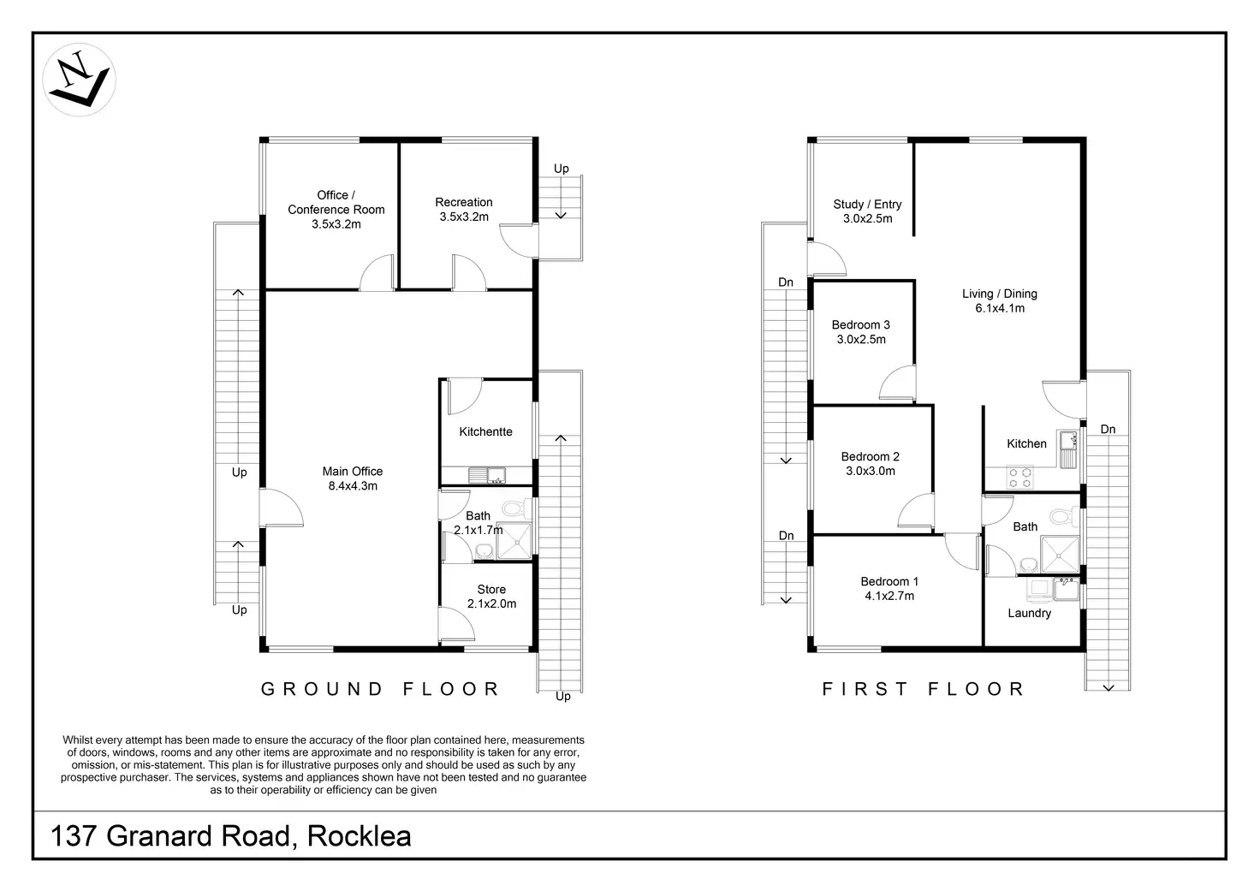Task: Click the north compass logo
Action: pyautogui.click(x=79, y=80)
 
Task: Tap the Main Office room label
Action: pyautogui.click(x=352, y=478)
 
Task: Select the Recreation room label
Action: pyautogui.click(x=463, y=210)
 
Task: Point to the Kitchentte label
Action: pyautogui.click(x=485, y=432)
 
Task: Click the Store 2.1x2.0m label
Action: pyautogui.click(x=491, y=597)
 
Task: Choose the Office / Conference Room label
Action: pyautogui.click(x=336, y=210)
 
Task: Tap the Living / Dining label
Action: pyautogui.click(x=999, y=301)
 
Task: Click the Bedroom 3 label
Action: pyautogui.click(x=860, y=332)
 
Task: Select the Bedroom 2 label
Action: pyautogui.click(x=870, y=464)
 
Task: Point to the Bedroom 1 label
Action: pyautogui.click(x=889, y=589)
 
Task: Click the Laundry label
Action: pyautogui.click(x=1029, y=614)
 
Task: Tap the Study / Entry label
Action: pyautogui.click(x=867, y=211)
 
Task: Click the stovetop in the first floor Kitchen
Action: pyautogui.click(x=1019, y=477)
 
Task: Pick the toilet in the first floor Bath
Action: pyautogui.click(x=1061, y=517)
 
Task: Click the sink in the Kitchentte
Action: pyautogui.click(x=495, y=474)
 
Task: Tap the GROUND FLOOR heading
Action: pyautogui.click(x=380, y=689)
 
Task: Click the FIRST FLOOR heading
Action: pyautogui.click(x=923, y=689)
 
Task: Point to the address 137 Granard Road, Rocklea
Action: pyautogui.click(x=231, y=835)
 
